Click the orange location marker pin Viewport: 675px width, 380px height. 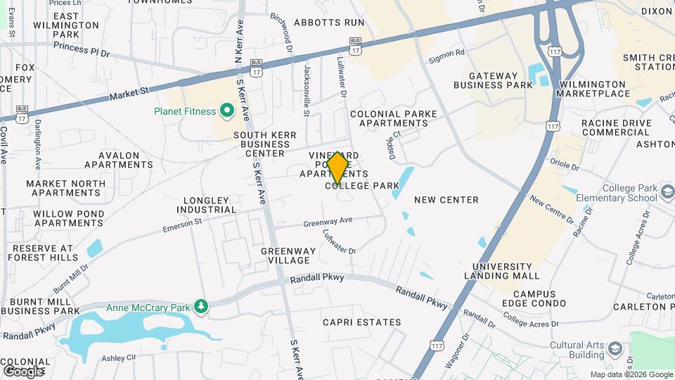click(337, 169)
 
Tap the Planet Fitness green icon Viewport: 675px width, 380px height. click(227, 110)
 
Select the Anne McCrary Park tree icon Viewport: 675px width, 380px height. click(202, 306)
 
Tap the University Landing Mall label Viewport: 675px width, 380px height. click(502, 271)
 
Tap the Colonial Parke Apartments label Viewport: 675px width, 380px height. click(393, 118)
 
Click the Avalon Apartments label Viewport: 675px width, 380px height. click(118, 160)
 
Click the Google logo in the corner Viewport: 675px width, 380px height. click(22, 371)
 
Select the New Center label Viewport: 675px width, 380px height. click(446, 200)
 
